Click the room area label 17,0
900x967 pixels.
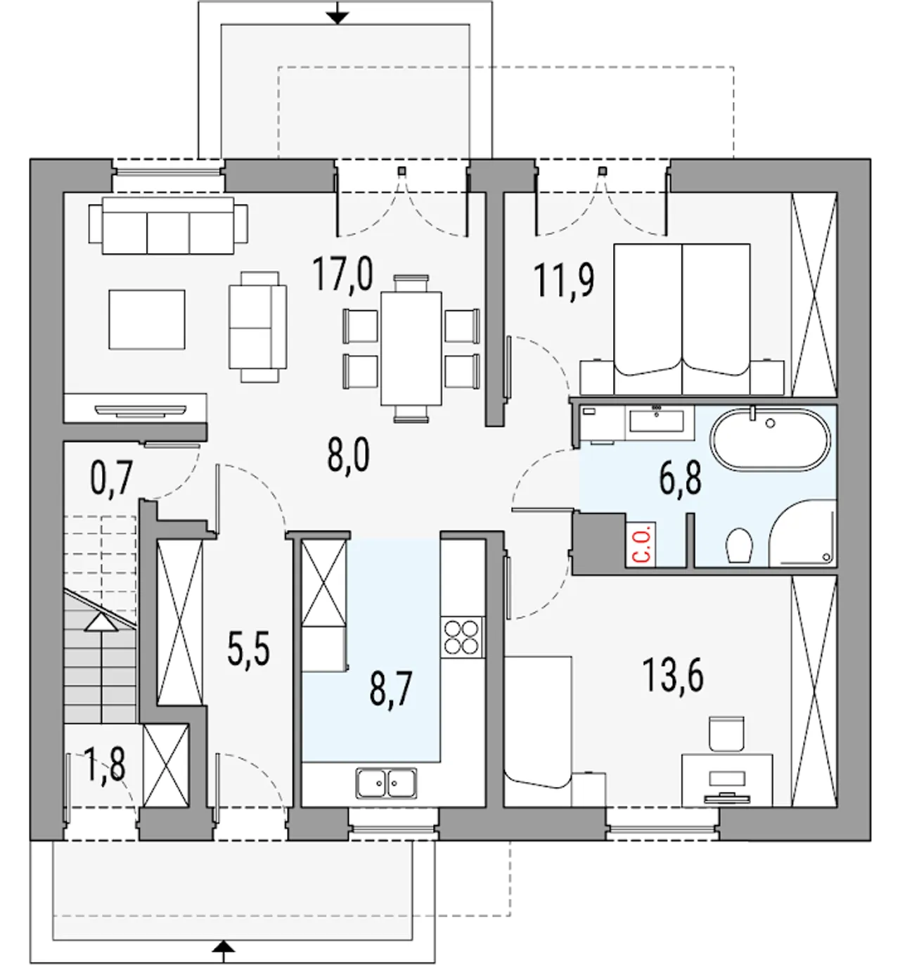click(x=343, y=274)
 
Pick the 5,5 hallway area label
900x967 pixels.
click(x=248, y=648)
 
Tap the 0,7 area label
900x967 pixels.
click(x=112, y=478)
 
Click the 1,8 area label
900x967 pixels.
click(x=105, y=765)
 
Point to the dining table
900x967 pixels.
click(x=411, y=348)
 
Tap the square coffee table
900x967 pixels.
click(x=146, y=319)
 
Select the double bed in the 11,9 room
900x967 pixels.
click(x=682, y=319)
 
